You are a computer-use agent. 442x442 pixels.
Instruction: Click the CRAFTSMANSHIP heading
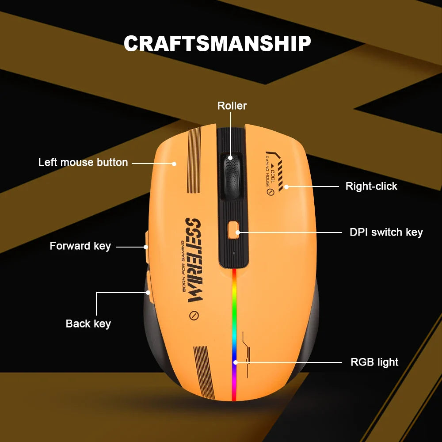(217, 43)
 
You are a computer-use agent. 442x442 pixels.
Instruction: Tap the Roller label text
(232, 106)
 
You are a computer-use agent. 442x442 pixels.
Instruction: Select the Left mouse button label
(83, 162)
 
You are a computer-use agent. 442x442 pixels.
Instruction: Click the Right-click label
(372, 187)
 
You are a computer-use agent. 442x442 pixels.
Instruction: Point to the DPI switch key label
(386, 232)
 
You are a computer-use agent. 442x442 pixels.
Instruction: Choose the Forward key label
(80, 246)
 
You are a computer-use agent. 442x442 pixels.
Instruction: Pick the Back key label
(88, 324)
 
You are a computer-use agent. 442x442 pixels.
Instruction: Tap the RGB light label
(374, 362)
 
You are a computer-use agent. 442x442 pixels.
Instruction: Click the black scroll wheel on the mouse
(232, 176)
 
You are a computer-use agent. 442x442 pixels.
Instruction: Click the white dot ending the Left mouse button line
(174, 164)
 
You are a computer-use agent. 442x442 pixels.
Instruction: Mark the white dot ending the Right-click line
(286, 187)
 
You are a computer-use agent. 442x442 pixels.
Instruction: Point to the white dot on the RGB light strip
(236, 362)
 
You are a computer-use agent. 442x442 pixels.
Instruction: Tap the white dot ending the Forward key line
(146, 247)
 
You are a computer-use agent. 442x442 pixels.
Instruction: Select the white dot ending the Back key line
(148, 293)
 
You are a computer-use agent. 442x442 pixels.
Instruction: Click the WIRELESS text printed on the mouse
(194, 260)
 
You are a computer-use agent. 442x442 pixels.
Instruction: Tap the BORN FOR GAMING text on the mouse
(183, 266)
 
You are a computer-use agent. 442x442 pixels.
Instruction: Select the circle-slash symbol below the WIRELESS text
(194, 315)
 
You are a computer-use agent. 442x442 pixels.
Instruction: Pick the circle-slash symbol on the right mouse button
(270, 192)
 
